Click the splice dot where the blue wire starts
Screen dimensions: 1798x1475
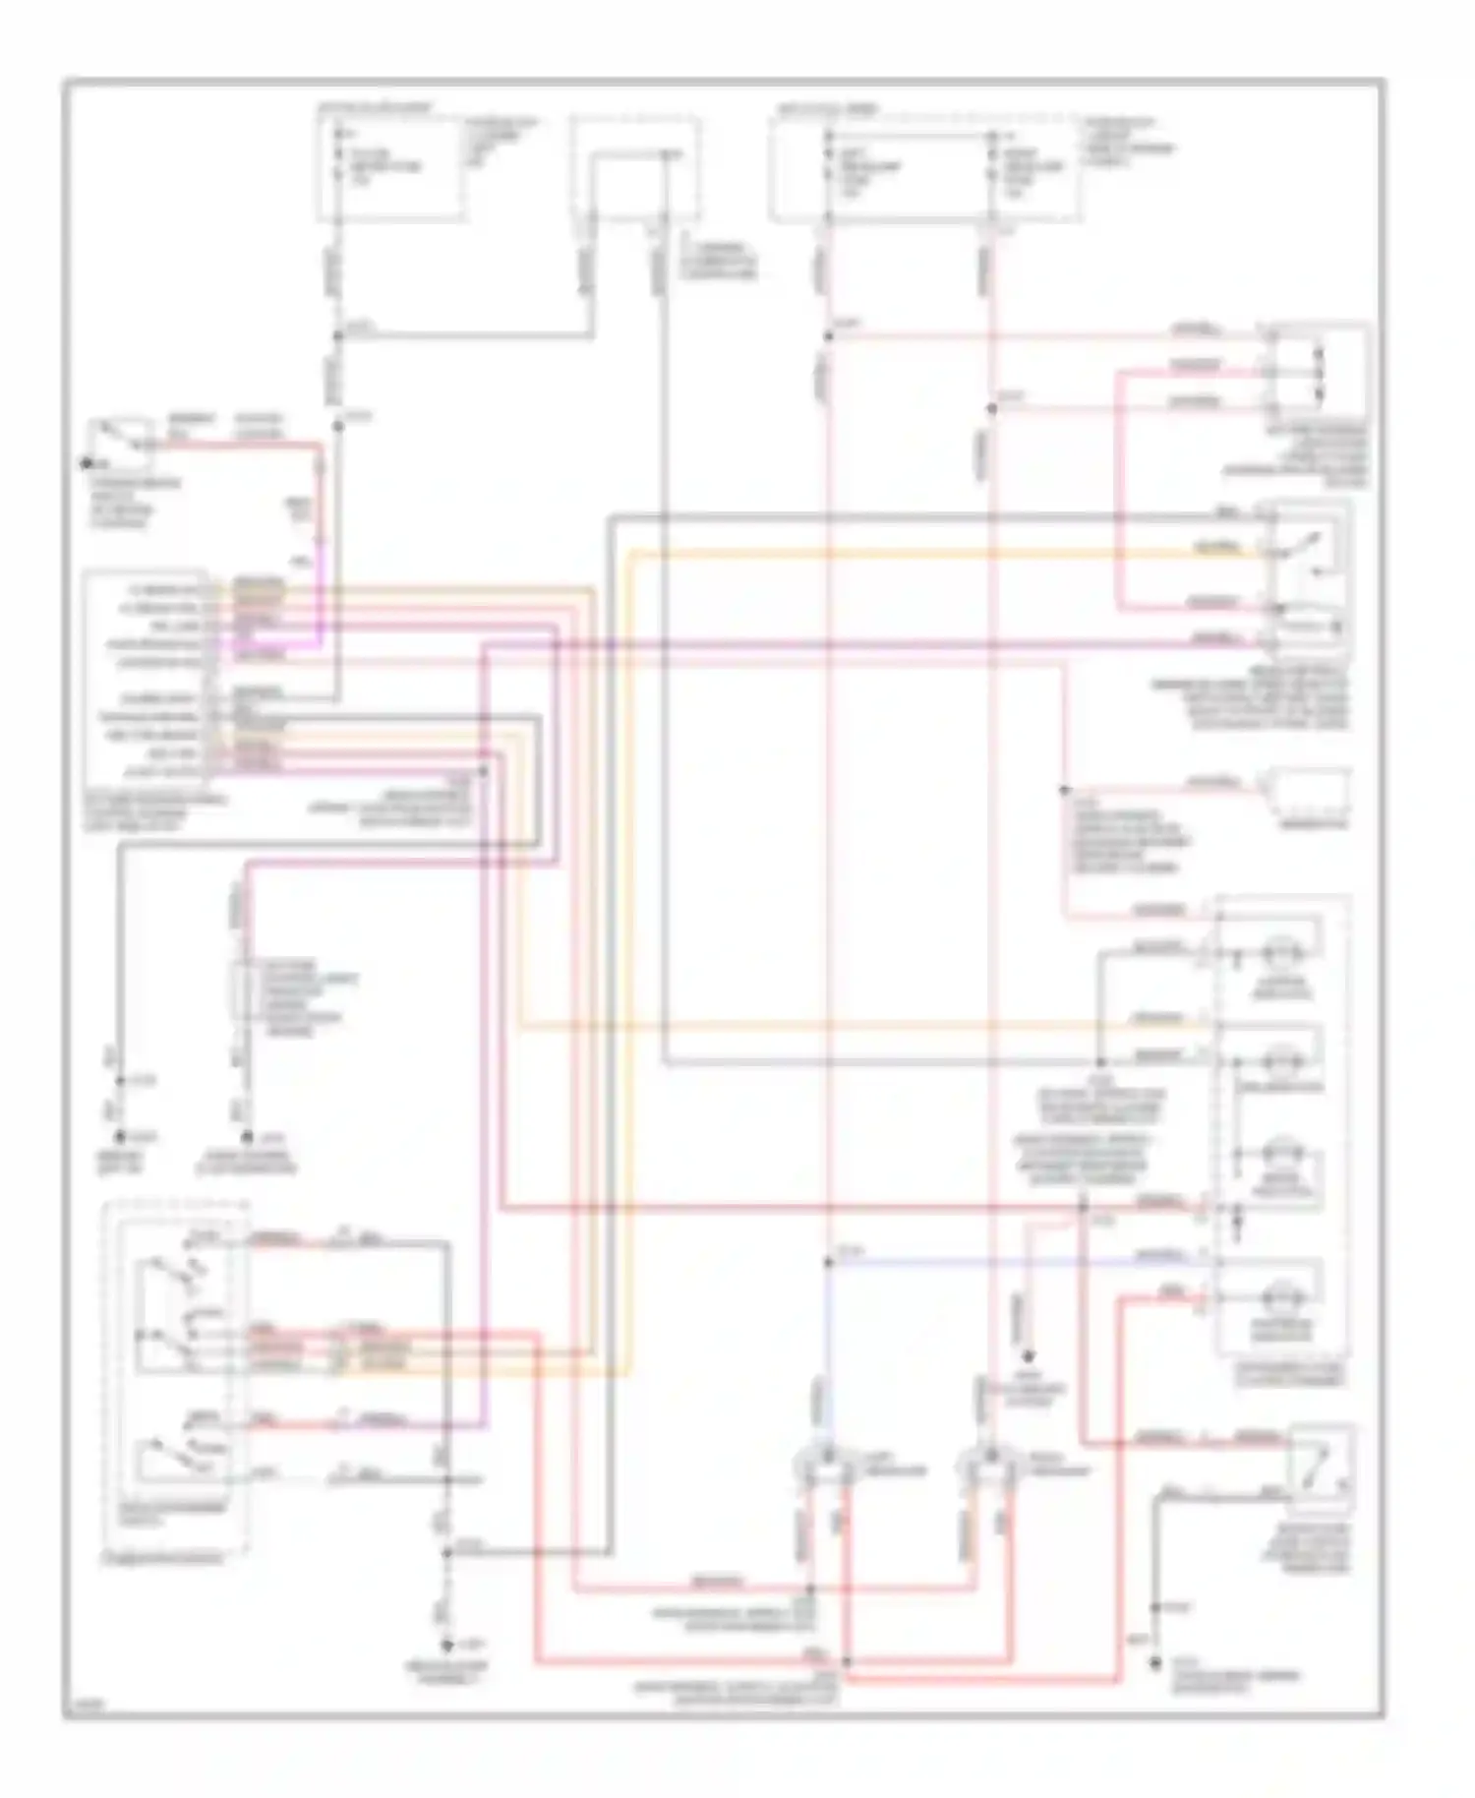click(x=828, y=1262)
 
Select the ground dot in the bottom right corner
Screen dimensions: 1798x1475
click(x=1156, y=1665)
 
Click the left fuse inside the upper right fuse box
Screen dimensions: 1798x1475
click(x=829, y=165)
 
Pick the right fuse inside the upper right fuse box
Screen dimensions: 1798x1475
click(x=991, y=165)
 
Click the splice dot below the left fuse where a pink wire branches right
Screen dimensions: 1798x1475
click(x=828, y=336)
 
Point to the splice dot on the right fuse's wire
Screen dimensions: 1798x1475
click(x=991, y=408)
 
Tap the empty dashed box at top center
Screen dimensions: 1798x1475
click(x=635, y=168)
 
